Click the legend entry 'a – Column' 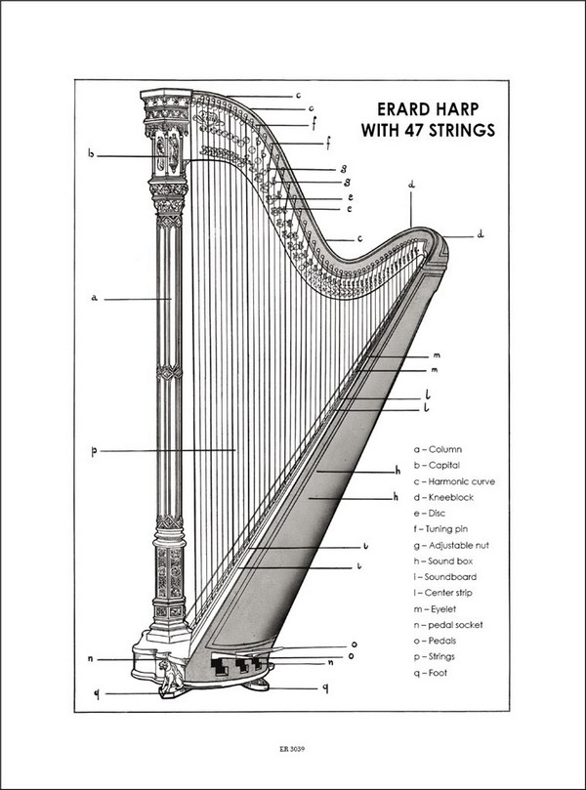pos(437,449)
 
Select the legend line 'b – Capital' pos(437,465)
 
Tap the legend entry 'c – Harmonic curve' pos(454,481)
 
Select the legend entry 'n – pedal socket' pos(448,624)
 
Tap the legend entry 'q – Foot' pos(431,672)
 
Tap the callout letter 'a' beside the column pos(95,298)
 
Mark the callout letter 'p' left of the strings pos(94,451)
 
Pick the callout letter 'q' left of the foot pos(97,693)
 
